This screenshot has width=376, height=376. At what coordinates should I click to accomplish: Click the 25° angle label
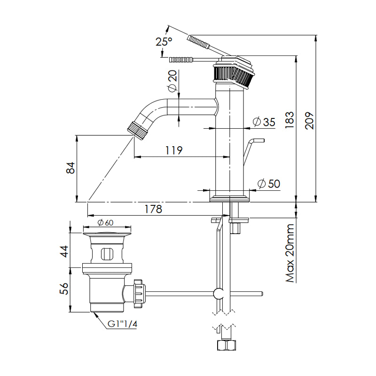pos(164,41)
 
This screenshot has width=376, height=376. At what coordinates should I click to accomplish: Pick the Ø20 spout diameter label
pos(172,81)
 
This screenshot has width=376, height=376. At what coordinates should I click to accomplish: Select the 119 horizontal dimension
pos(173,150)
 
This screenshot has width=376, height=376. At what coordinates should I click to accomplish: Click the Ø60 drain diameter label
pos(106,223)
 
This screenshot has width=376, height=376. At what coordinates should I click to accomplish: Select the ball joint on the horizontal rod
pos(219,294)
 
